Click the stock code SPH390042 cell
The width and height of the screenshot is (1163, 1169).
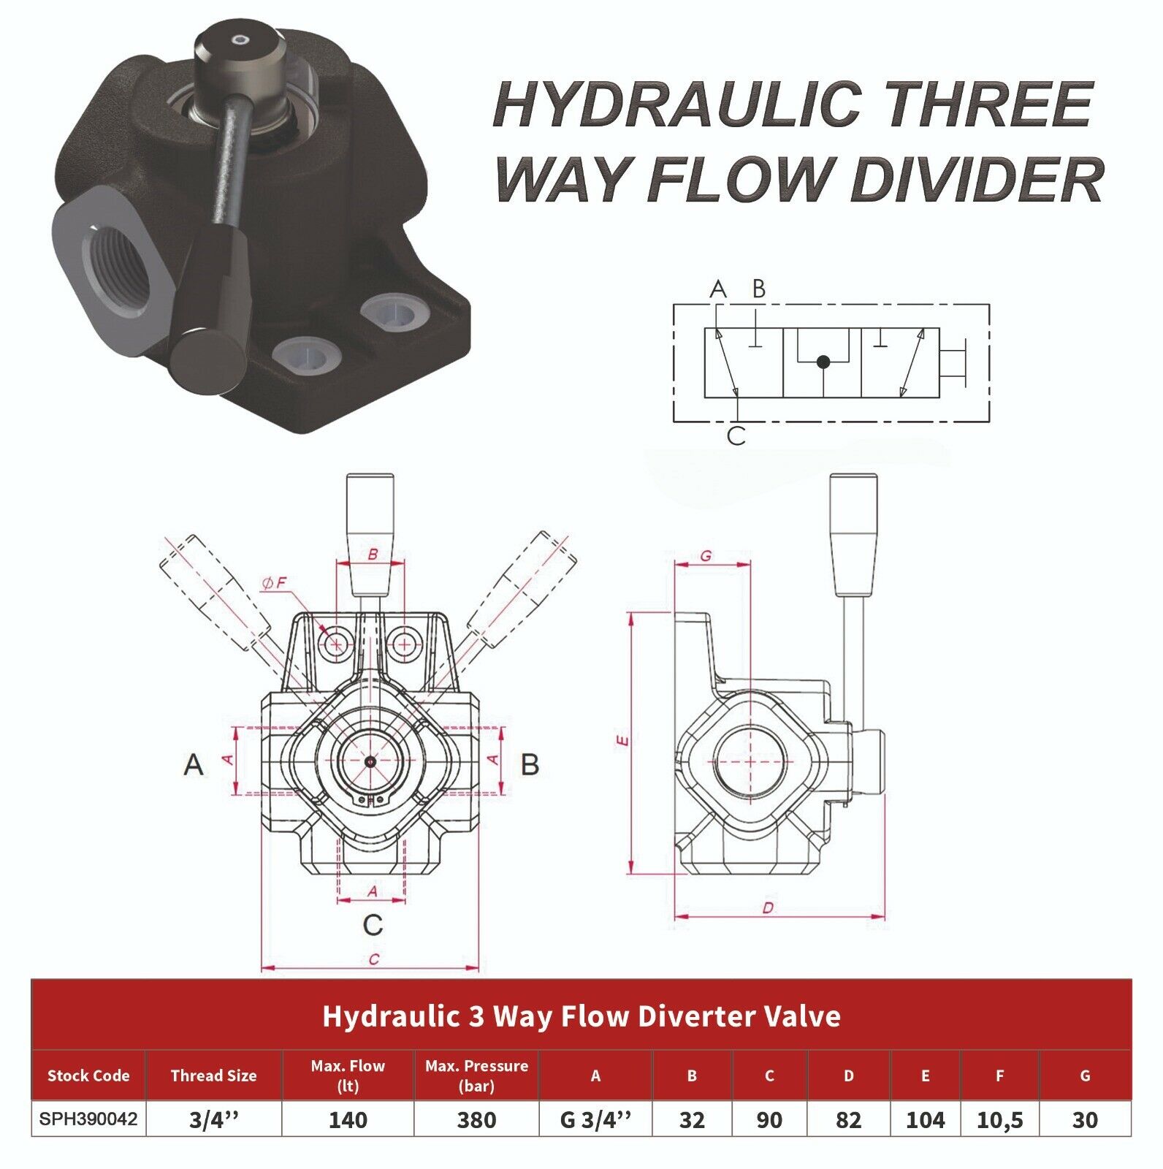click(88, 1119)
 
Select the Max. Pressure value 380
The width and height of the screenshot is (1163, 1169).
click(476, 1120)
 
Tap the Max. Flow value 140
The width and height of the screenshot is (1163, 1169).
click(348, 1120)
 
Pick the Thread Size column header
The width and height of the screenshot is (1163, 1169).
click(213, 1075)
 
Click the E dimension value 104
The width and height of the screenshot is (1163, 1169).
click(925, 1120)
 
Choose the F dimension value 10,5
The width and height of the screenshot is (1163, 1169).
click(999, 1120)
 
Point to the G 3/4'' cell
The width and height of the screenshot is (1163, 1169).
click(595, 1120)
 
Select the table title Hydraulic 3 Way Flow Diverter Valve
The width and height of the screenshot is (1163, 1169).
click(581, 1016)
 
